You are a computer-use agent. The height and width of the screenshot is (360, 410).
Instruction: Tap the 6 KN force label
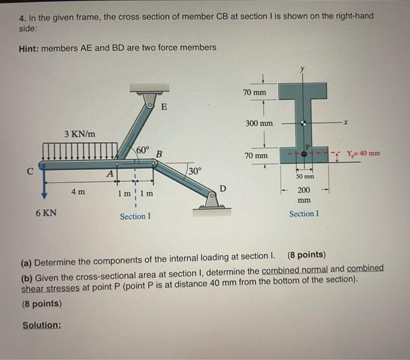46,212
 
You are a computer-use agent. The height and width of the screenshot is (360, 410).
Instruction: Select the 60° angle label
143,150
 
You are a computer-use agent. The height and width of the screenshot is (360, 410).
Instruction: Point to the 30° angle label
194,171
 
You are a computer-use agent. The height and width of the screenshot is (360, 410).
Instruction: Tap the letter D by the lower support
223,187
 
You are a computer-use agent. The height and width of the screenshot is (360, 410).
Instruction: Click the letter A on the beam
110,173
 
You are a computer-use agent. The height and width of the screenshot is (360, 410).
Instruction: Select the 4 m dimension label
77,192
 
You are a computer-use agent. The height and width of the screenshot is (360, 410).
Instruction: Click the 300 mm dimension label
258,124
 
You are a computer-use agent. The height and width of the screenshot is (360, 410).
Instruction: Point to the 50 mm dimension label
305,176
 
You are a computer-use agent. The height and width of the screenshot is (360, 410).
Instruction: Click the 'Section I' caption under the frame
135,216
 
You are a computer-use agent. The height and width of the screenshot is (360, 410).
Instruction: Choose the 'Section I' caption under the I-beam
304,214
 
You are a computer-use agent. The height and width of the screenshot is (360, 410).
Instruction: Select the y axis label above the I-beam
303,69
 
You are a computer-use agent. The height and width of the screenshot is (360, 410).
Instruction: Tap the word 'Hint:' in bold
31,47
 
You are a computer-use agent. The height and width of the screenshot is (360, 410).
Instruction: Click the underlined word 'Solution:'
42,325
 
